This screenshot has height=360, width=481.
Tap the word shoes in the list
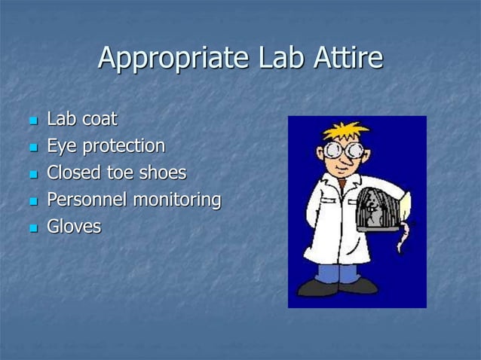click(x=161, y=172)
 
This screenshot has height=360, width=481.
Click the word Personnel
click(x=87, y=200)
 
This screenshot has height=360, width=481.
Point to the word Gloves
click(x=74, y=226)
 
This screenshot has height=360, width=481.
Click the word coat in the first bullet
click(x=100, y=119)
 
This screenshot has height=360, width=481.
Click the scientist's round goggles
click(x=343, y=150)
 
